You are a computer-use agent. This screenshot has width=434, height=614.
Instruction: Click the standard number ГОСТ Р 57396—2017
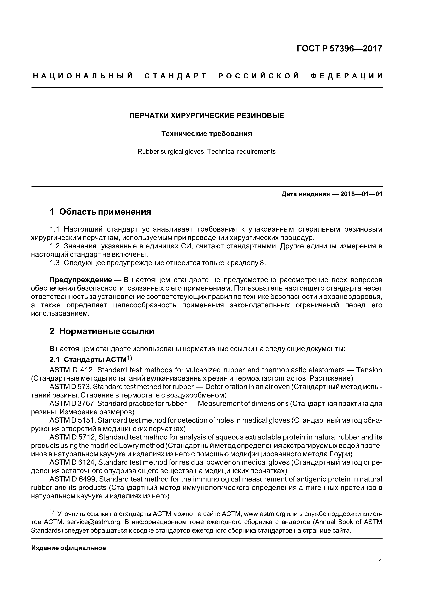[339, 49]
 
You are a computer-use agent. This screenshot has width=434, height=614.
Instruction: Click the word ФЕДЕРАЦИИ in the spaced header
[346, 76]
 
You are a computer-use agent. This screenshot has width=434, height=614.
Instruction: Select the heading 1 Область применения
[100, 212]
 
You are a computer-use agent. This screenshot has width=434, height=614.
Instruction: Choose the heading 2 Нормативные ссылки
[102, 331]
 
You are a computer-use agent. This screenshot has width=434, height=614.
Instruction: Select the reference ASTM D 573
[70, 387]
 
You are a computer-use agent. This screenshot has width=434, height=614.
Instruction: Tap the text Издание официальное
[68, 548]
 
